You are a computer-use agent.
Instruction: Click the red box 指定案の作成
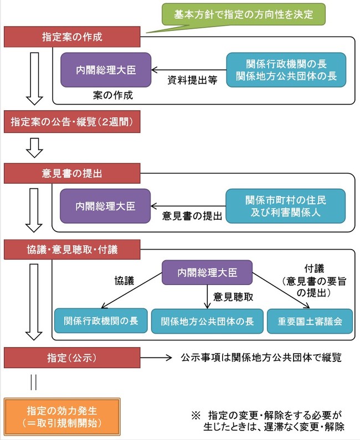coord(72,37)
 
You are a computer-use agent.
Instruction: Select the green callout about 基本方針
coord(244,14)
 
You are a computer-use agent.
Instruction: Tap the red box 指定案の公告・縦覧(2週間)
coord(72,122)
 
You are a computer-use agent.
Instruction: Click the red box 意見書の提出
coord(72,173)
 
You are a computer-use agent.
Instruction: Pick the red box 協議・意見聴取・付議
coord(72,250)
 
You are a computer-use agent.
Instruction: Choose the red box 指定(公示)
coord(72,358)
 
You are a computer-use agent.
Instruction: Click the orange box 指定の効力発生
coord(62,417)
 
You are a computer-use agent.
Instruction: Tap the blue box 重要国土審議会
coord(310,322)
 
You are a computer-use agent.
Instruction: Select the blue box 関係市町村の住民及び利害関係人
coord(286,206)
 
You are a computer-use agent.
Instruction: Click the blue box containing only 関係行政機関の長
coord(101,321)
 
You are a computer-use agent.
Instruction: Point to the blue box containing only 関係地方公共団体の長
coord(207,322)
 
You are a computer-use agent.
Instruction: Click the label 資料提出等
coord(192,80)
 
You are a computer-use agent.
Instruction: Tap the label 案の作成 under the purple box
coord(113,95)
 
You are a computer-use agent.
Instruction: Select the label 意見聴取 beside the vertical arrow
coord(233,297)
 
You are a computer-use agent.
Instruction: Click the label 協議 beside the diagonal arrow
coord(124,281)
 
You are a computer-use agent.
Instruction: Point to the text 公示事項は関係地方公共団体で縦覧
coord(261,358)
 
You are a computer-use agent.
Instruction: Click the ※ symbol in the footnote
coord(196,415)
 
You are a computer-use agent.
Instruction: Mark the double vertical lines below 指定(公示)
coord(33,382)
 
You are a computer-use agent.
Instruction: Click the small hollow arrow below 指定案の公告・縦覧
coord(34,148)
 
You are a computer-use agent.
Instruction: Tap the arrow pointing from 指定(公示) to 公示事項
coord(156,358)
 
